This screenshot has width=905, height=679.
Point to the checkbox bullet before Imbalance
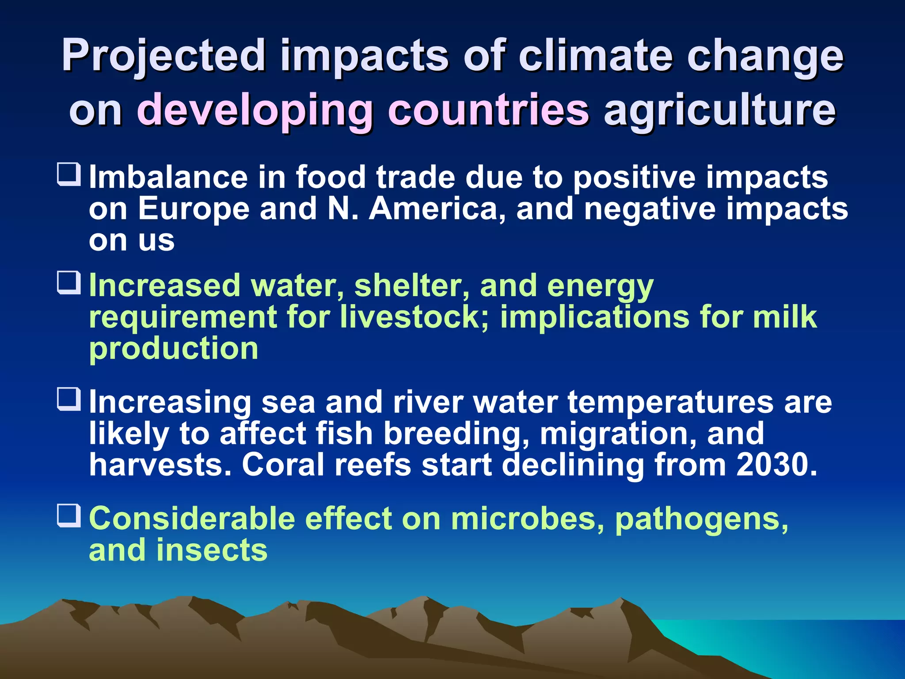point(69,174)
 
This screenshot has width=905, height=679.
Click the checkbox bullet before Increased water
point(69,283)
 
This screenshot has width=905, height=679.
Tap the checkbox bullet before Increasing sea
point(69,399)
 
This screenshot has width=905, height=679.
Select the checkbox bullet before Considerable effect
point(69,515)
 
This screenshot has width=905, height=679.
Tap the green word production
point(174,349)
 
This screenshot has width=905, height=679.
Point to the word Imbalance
point(168,177)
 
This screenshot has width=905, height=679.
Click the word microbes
point(528,518)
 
